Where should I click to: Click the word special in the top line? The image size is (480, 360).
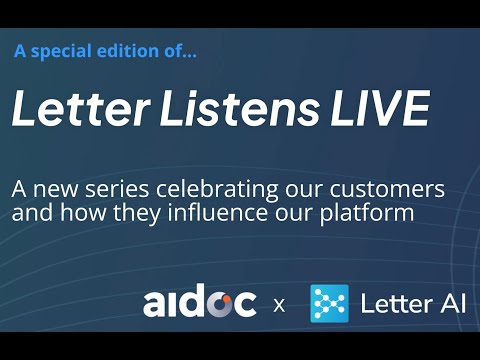(59, 51)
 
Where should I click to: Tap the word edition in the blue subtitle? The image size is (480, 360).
(130, 51)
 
